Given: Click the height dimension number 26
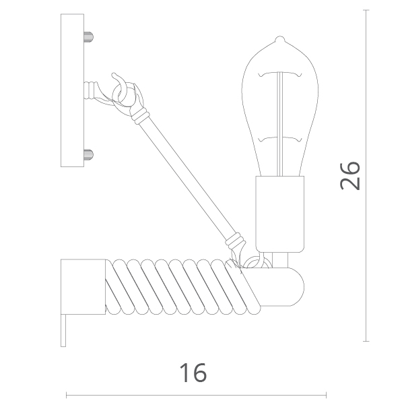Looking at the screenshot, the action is [349, 176].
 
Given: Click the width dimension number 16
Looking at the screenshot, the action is [193, 373].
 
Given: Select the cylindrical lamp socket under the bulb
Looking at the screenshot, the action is [280, 214].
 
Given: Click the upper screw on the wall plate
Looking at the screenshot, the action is [89, 36].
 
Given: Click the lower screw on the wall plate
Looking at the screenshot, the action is [89, 155].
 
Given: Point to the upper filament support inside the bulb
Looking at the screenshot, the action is [280, 74].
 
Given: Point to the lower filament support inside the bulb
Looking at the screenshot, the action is [280, 139].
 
